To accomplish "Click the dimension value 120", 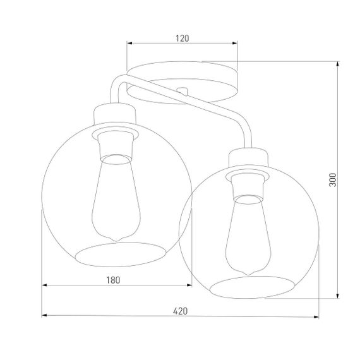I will tap(182, 38).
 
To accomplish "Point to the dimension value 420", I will tap(180, 310).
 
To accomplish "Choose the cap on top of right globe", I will tap(250, 157).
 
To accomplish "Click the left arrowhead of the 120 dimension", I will tap(129, 44).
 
